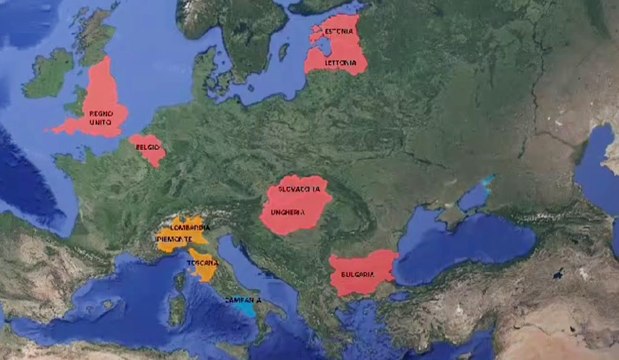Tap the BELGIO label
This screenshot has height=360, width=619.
click(x=147, y=148)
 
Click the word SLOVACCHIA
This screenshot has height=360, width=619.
click(x=300, y=188)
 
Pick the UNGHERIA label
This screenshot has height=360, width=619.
click(x=295, y=212)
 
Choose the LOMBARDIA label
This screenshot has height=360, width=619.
click(x=188, y=228)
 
